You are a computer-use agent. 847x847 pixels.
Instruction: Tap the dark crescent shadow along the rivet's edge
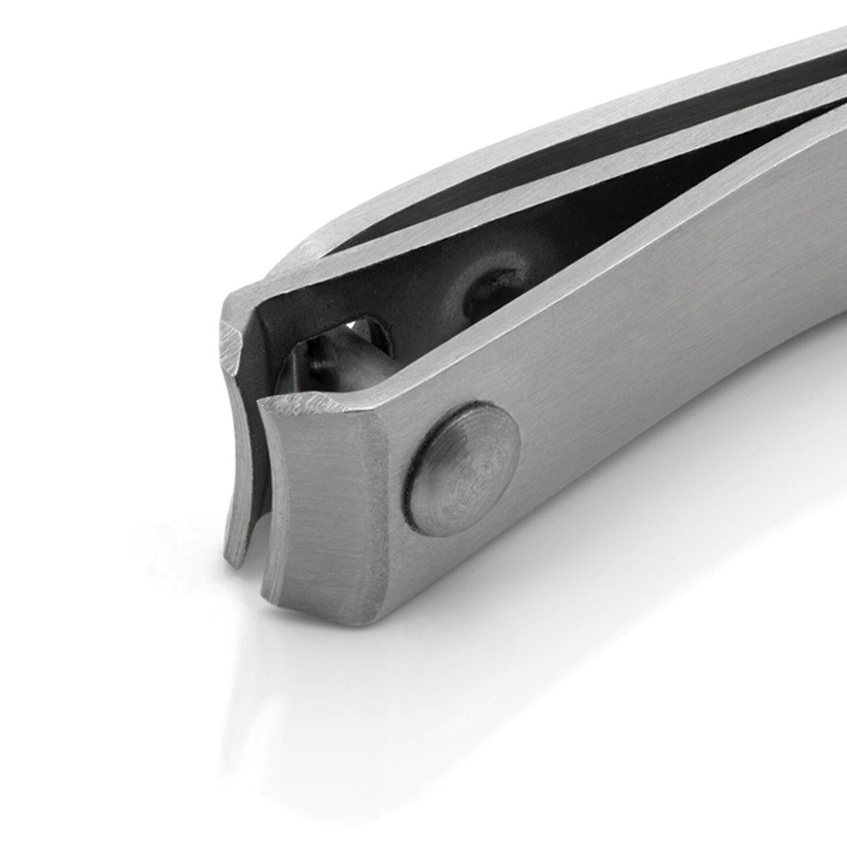click(x=416, y=498)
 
